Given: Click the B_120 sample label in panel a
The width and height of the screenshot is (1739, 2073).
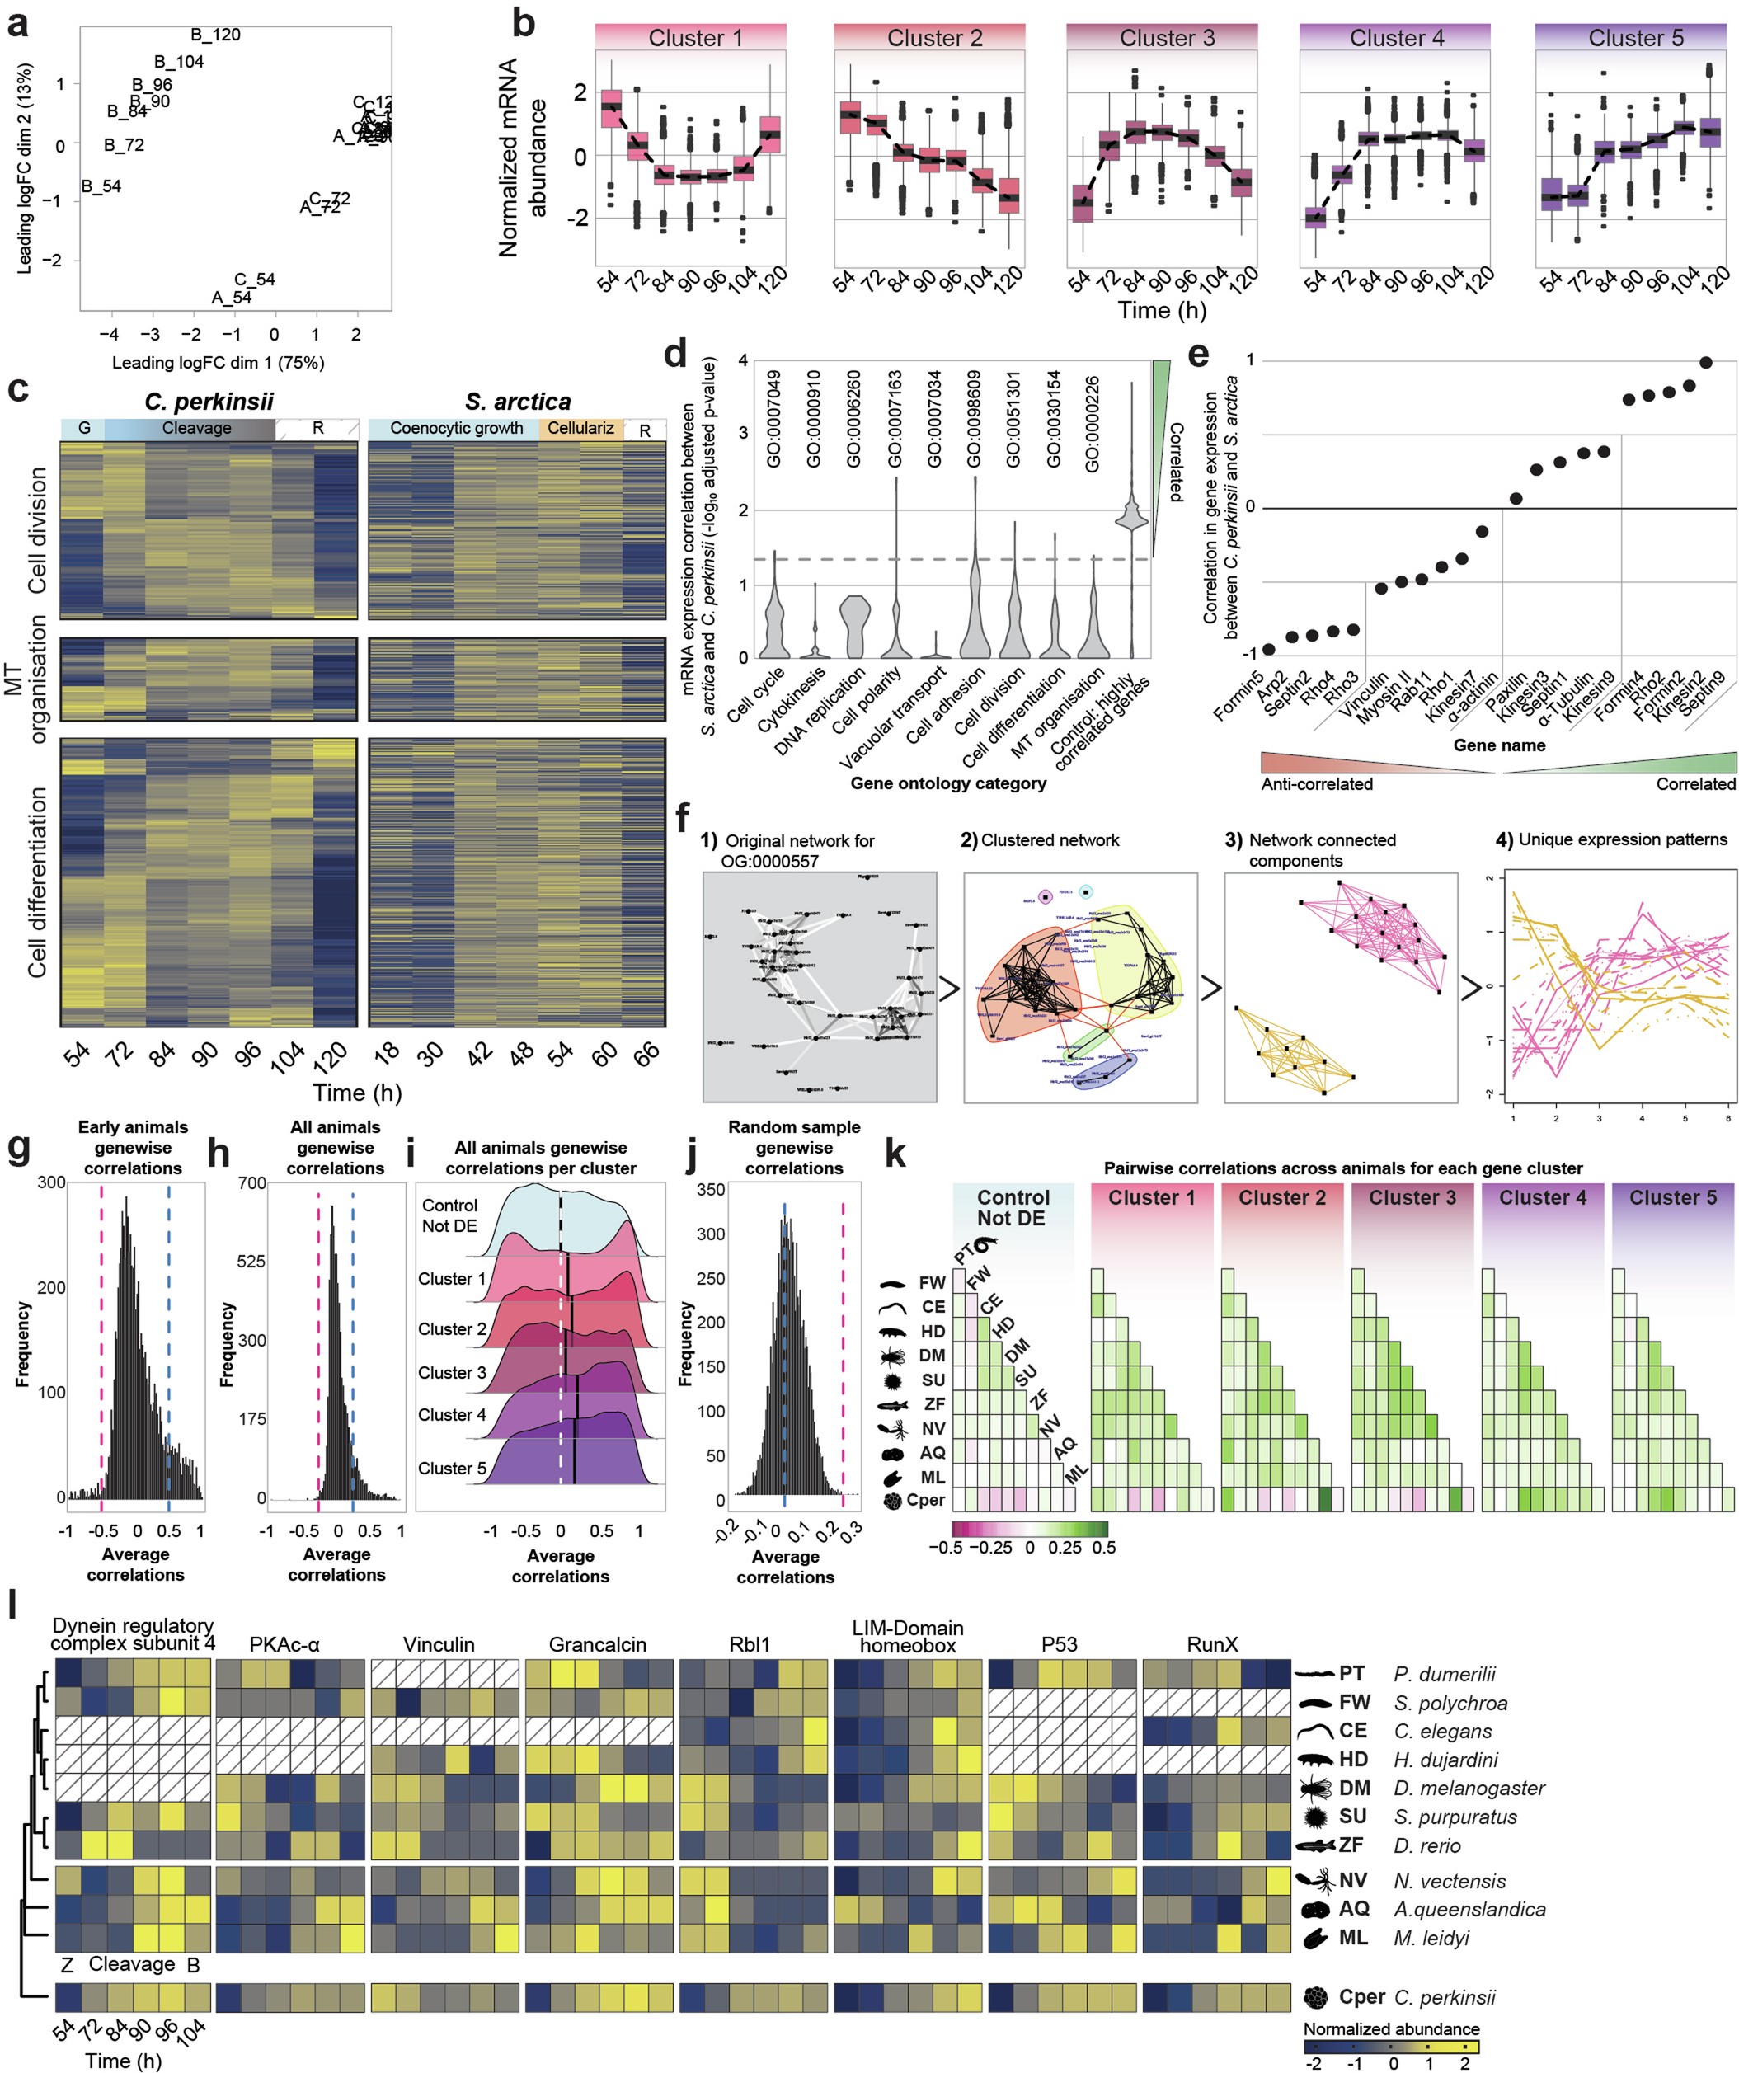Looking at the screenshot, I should pos(215,35).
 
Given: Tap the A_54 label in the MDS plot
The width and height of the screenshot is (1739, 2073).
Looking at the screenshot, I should pos(232,297).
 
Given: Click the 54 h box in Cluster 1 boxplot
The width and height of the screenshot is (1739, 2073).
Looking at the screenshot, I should pos(612,112).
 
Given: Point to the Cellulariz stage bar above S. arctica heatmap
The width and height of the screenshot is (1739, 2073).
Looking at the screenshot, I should pos(580,429).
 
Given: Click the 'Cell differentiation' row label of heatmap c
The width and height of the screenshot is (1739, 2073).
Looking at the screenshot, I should pos(37,881).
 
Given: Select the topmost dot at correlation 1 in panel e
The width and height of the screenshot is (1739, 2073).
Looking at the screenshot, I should pos(1707,362).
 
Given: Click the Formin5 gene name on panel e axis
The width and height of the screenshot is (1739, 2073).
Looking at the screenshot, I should pos(1239,694).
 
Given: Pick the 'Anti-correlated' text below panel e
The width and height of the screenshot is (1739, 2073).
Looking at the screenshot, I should pos(1317,784).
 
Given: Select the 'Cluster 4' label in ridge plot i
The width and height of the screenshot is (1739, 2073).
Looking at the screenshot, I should pos(452,1415).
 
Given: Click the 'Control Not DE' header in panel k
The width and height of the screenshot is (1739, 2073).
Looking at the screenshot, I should pos(1013,1207).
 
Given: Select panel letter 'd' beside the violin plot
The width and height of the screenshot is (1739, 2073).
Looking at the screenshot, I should pos(675,355).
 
